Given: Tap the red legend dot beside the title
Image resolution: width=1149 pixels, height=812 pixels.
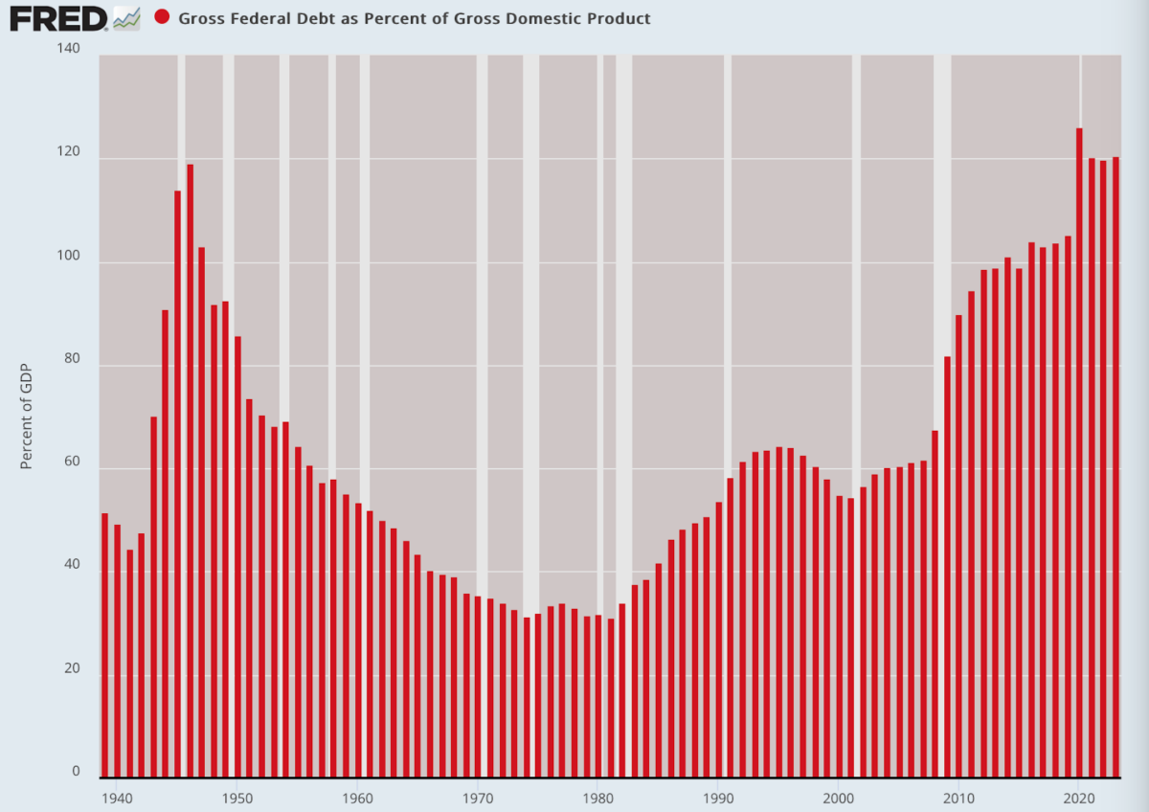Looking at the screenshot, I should [x=162, y=17].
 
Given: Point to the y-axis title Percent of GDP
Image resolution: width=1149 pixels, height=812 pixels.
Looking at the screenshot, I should [x=27, y=417].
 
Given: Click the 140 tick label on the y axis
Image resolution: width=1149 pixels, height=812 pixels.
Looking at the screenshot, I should [x=70, y=48].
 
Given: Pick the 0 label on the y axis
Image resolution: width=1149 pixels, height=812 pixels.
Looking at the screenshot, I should [x=78, y=771].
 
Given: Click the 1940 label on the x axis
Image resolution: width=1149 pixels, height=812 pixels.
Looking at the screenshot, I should [x=116, y=796].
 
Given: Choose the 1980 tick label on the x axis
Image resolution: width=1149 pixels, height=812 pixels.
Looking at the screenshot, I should [x=597, y=796].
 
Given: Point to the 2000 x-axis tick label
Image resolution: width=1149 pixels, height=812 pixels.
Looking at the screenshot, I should [x=839, y=796].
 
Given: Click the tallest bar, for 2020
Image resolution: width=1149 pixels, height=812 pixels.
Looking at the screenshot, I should [x=1079, y=450].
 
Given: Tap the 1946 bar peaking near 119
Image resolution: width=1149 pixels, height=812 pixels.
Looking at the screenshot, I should [x=190, y=469].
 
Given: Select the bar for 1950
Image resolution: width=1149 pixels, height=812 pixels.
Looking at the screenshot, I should [x=237, y=555].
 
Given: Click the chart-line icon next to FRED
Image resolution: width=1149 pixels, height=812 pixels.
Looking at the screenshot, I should [x=126, y=17].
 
